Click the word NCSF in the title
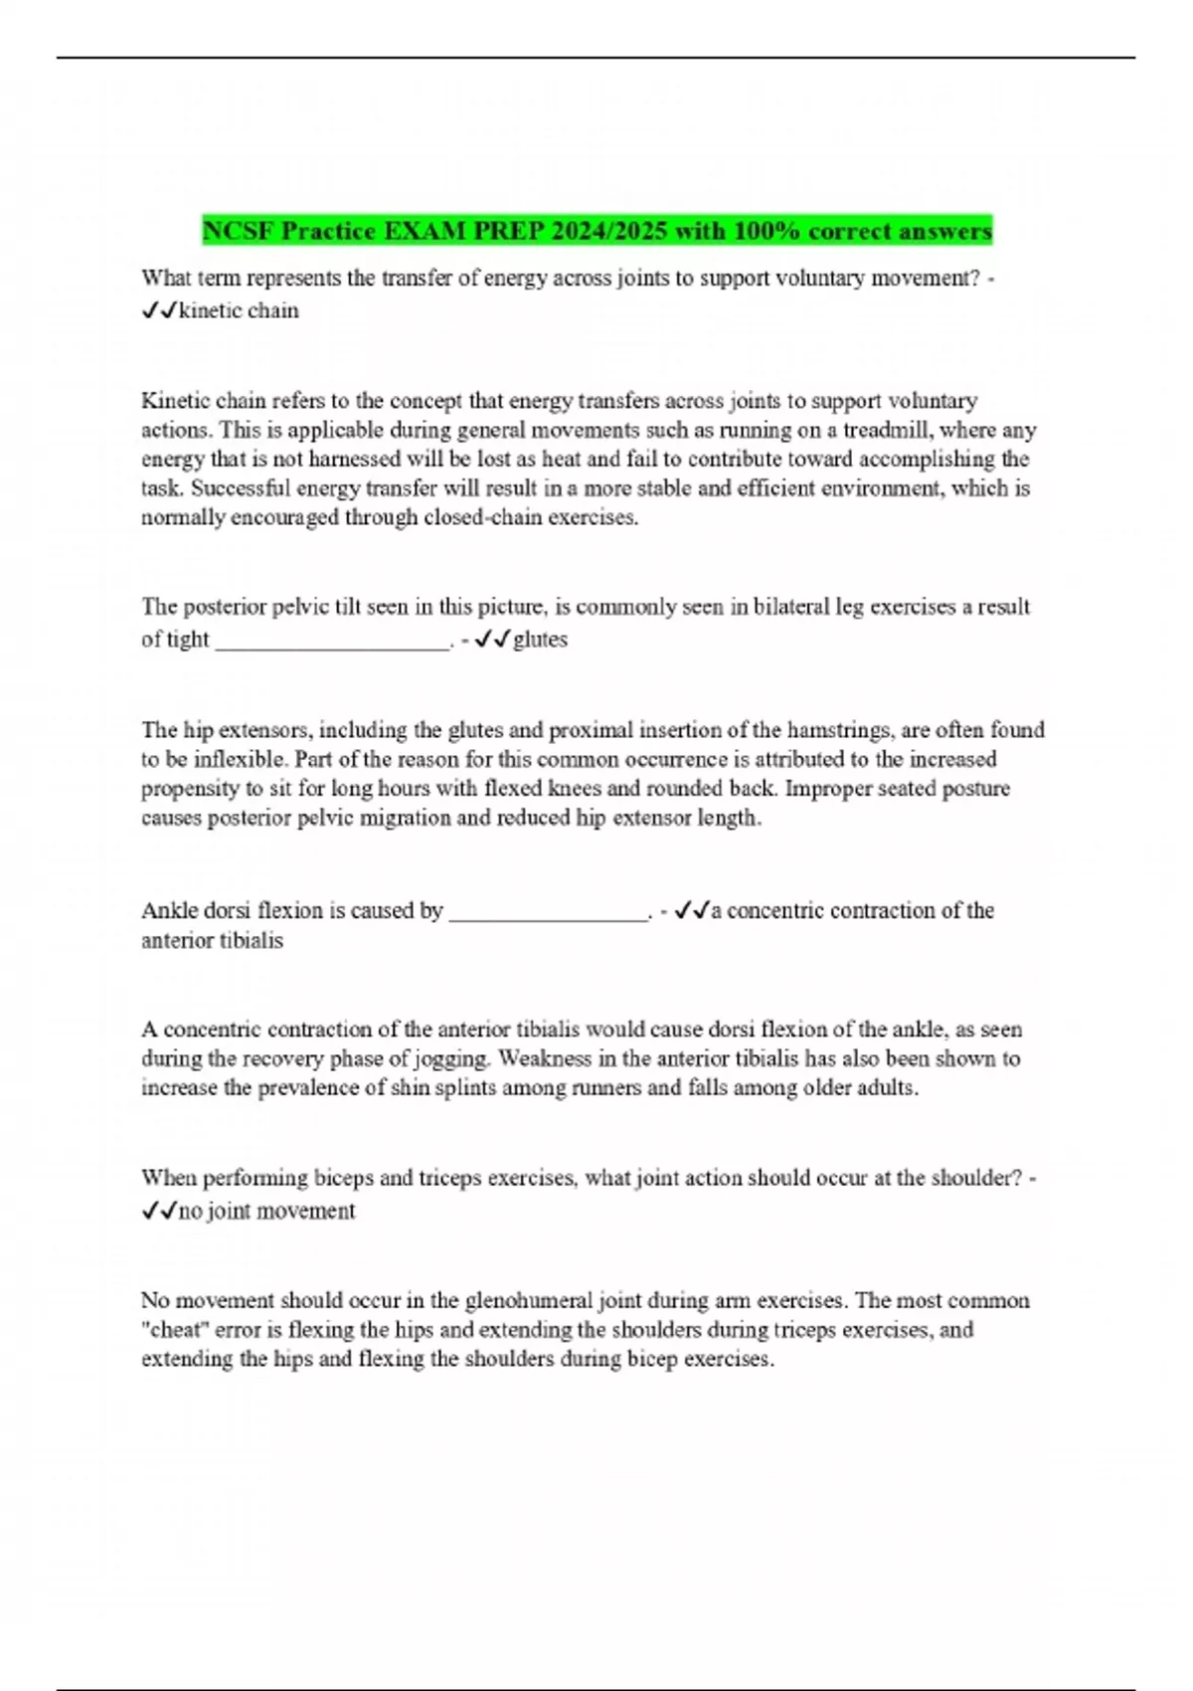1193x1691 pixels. tap(239, 232)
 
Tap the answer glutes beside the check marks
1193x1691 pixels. tap(540, 640)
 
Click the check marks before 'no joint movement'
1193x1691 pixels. tap(159, 1211)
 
